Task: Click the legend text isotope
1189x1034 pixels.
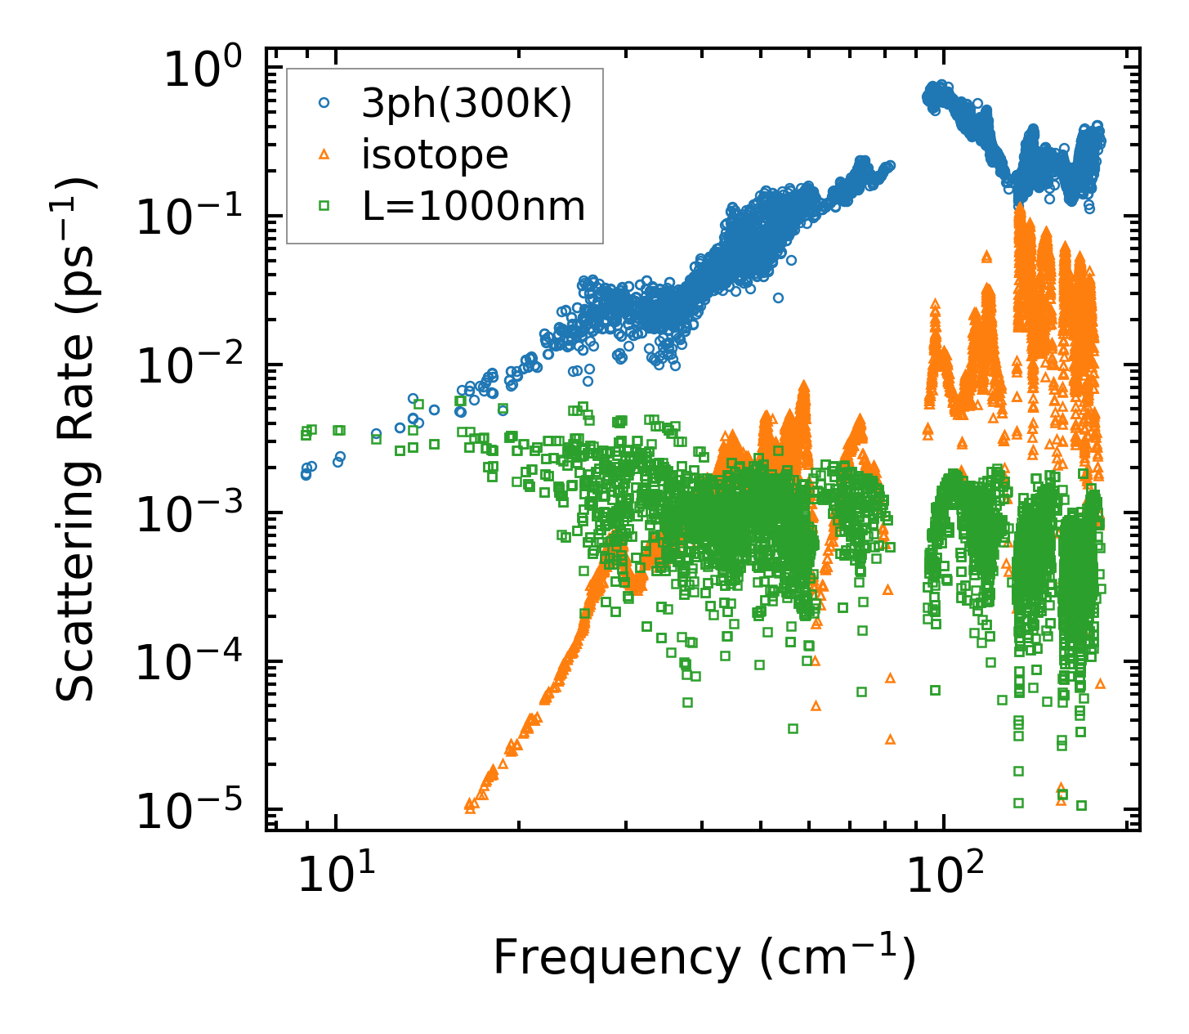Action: (x=435, y=154)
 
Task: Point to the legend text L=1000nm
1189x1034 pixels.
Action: (x=474, y=206)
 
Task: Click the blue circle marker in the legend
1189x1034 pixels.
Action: (x=324, y=104)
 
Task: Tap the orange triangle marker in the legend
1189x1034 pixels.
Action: (x=324, y=154)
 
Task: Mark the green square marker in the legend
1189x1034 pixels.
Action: (x=324, y=206)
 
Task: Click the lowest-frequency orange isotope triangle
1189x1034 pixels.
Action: (x=469, y=805)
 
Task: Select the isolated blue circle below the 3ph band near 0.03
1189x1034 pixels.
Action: (x=778, y=298)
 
